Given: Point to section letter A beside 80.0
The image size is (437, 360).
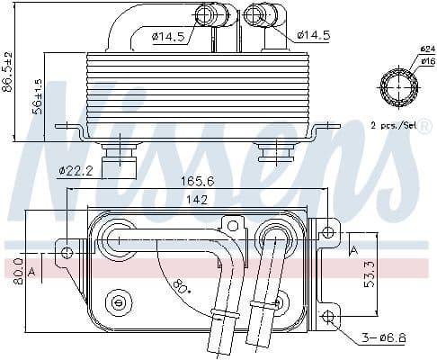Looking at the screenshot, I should click(x=33, y=269).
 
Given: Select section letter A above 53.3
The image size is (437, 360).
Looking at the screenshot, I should click(x=353, y=250).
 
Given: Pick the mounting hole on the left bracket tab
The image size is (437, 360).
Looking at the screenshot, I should click(x=67, y=253).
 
